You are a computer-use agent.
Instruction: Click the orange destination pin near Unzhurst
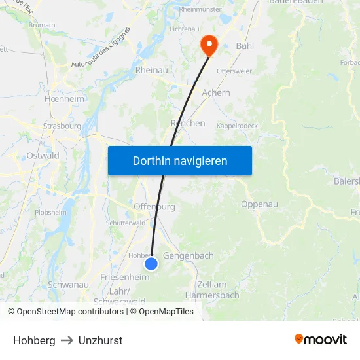[x=209, y=45]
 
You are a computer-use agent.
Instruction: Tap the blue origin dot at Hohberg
[x=151, y=263]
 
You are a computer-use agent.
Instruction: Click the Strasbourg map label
[x=62, y=126]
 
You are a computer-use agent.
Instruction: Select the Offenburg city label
[x=154, y=207]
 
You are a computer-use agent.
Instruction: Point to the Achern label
[x=216, y=93]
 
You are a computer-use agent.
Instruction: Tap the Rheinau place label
[x=151, y=70]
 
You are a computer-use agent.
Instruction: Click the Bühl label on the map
[x=245, y=46]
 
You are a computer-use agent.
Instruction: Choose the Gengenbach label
[x=188, y=255]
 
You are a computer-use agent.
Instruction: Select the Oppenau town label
[x=259, y=204]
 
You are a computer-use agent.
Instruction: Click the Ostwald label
[x=43, y=156]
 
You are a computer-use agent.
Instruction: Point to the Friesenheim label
[x=125, y=278]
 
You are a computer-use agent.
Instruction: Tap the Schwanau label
[x=68, y=285]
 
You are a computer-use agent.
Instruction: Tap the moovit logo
[x=320, y=339]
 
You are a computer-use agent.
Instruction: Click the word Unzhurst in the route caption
[x=100, y=340]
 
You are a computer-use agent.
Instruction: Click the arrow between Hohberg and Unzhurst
[x=67, y=340]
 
